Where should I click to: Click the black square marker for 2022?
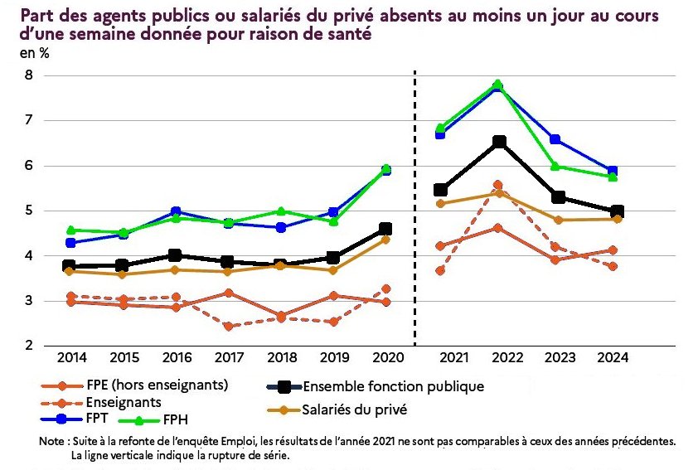click(498, 142)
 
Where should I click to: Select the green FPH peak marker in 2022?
click(497, 85)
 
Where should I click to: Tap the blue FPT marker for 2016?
click(175, 212)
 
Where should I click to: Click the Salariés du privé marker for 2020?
click(385, 240)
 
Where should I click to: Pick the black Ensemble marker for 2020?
click(385, 229)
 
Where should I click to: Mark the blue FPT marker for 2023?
click(555, 139)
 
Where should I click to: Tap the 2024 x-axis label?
click(613, 357)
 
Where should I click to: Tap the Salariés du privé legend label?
click(355, 409)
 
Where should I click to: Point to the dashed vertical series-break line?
click(414, 207)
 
